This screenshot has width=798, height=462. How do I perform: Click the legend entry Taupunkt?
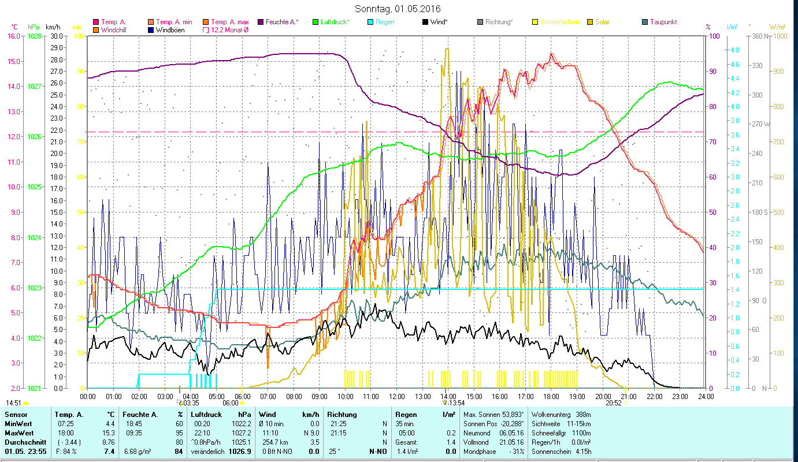pos(663,22)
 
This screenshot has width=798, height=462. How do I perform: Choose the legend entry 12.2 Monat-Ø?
pos(231,30)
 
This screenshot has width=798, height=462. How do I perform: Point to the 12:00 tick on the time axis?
pos(397,397)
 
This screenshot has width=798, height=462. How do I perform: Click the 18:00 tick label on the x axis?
pos(551,397)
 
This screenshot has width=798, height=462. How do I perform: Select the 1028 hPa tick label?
pos(34,36)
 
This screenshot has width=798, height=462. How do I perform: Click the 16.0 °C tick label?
pos(14,36)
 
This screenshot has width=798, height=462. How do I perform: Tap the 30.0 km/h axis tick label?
pos(57,36)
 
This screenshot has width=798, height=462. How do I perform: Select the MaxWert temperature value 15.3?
pos(109,433)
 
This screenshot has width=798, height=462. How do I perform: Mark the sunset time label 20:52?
pos(614,403)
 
